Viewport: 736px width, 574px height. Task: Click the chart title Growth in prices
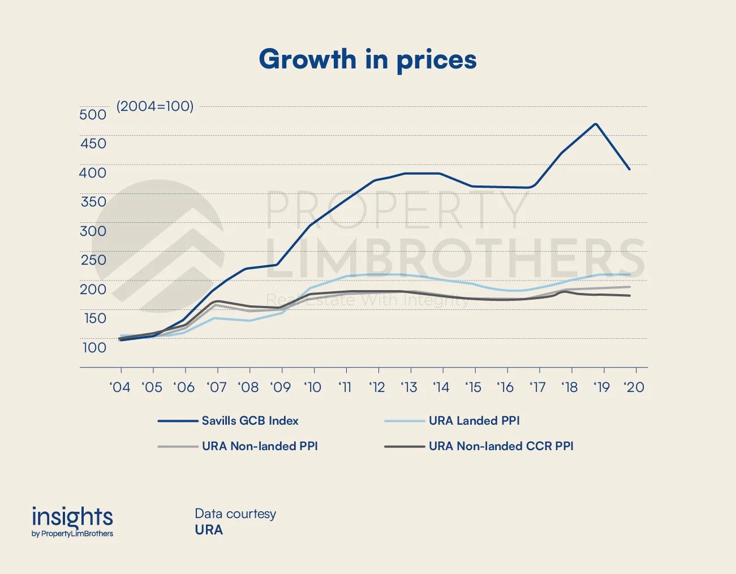click(x=368, y=60)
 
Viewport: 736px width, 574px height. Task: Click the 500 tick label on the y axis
click(x=93, y=114)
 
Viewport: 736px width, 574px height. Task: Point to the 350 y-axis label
click(x=93, y=202)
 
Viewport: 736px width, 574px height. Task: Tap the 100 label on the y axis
click(x=94, y=347)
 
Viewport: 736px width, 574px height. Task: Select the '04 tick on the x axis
click(x=120, y=387)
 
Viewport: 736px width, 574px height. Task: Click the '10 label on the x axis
click(x=313, y=387)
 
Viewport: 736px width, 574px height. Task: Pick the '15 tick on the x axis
click(x=474, y=387)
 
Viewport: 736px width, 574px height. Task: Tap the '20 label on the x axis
click(x=634, y=387)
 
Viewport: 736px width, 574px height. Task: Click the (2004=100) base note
click(x=154, y=106)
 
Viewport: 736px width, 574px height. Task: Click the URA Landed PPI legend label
click(x=474, y=421)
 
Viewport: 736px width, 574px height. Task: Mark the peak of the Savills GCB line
click(x=596, y=124)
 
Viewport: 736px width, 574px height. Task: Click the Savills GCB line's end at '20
click(x=629, y=169)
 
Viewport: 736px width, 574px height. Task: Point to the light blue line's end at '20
click(x=630, y=275)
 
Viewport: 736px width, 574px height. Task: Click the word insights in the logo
click(x=72, y=516)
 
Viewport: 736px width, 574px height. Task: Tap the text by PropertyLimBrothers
click(x=72, y=534)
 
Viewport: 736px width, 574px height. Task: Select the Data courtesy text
click(x=235, y=514)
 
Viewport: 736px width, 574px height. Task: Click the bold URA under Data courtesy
click(x=209, y=530)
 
